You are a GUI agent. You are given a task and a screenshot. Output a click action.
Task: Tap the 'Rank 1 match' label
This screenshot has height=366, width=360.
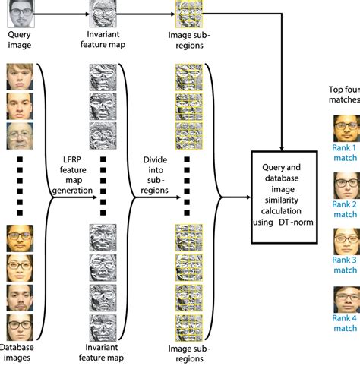click(x=345, y=151)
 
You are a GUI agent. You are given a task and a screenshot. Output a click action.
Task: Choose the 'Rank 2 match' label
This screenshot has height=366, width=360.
click(x=345, y=210)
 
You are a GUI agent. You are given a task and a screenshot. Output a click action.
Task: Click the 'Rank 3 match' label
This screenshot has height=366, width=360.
click(x=345, y=264)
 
